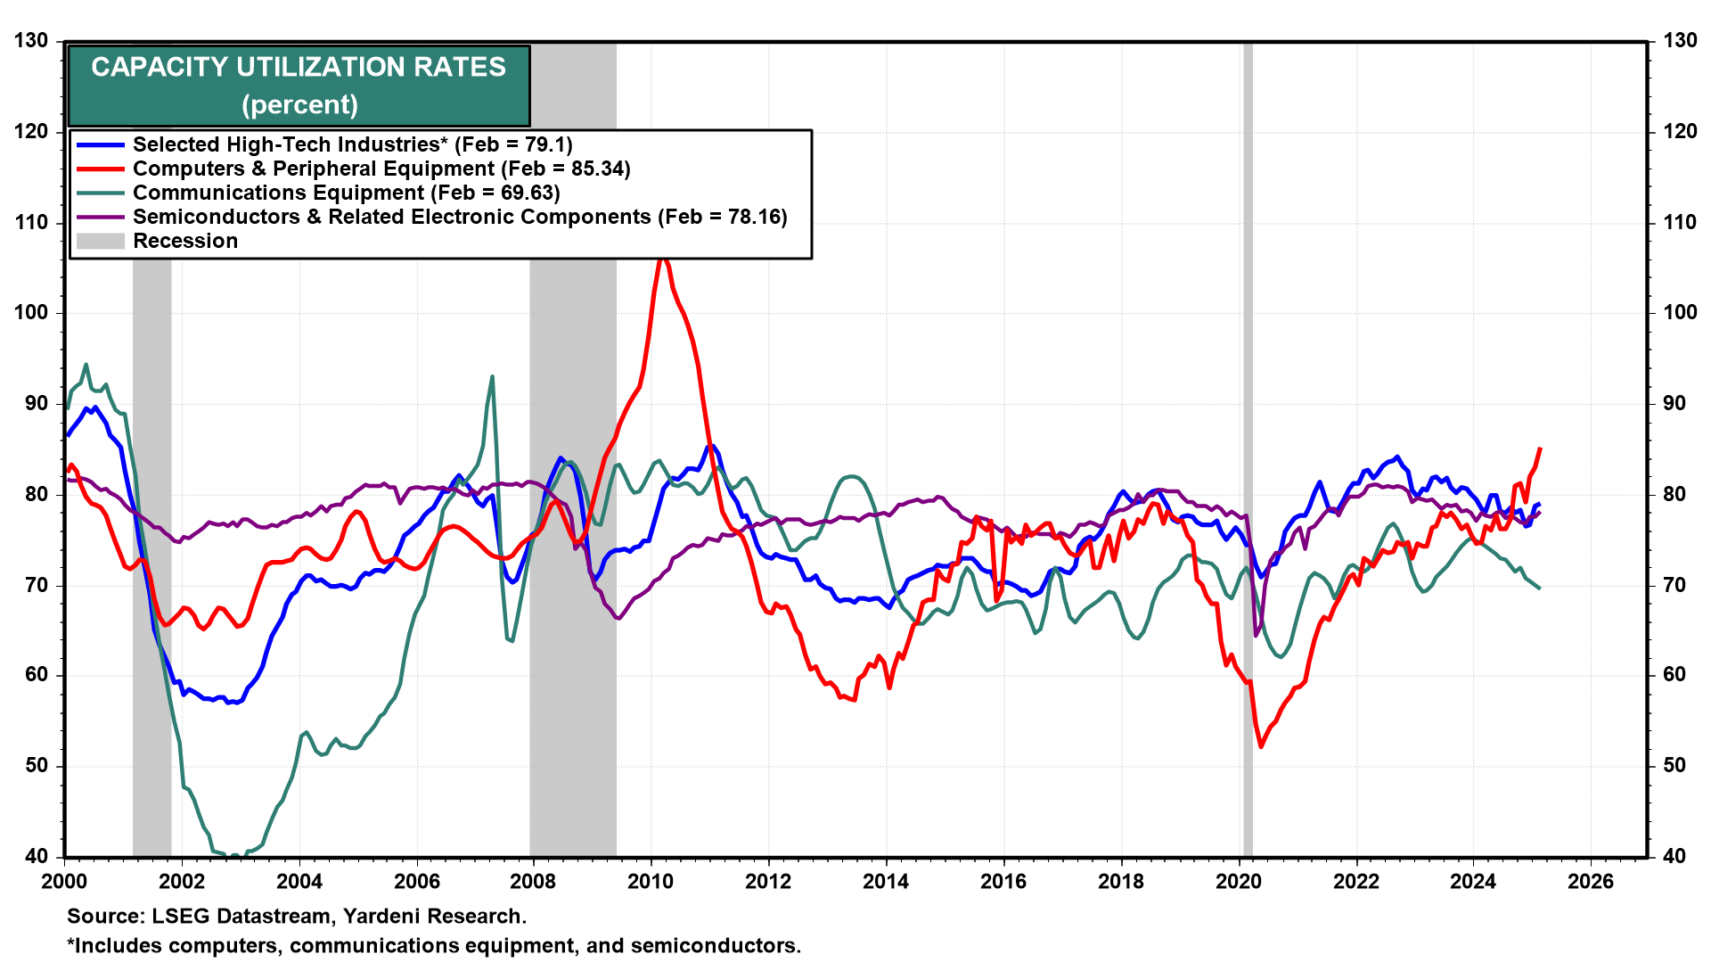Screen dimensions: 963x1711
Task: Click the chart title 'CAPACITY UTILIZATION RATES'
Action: pyautogui.click(x=299, y=67)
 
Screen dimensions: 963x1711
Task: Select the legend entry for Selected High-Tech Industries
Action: pyautogui.click(x=352, y=144)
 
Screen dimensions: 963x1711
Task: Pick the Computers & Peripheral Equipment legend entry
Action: pyautogui.click(x=381, y=169)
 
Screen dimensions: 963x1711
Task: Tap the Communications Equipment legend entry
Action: pyautogui.click(x=346, y=193)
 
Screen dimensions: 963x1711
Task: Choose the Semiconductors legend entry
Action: pyautogui.click(x=460, y=217)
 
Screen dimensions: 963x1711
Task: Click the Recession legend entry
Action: pyautogui.click(x=185, y=241)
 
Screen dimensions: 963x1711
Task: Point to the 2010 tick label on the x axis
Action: pyautogui.click(x=651, y=882)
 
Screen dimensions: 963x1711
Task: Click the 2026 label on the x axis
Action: pyautogui.click(x=1591, y=882)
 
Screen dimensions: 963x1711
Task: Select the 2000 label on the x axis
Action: pyautogui.click(x=64, y=882)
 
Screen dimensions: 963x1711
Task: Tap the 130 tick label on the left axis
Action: pyautogui.click(x=31, y=41)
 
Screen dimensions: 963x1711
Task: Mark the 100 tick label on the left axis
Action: pyautogui.click(x=31, y=313)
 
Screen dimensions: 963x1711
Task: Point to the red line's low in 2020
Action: pyautogui.click(x=1261, y=746)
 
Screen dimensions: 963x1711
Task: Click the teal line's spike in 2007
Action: pyautogui.click(x=492, y=377)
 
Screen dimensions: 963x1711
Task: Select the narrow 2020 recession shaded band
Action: pyautogui.click(x=1248, y=446)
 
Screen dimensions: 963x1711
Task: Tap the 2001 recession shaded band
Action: pyautogui.click(x=151, y=535)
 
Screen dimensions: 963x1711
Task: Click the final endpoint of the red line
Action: pyautogui.click(x=1540, y=449)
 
